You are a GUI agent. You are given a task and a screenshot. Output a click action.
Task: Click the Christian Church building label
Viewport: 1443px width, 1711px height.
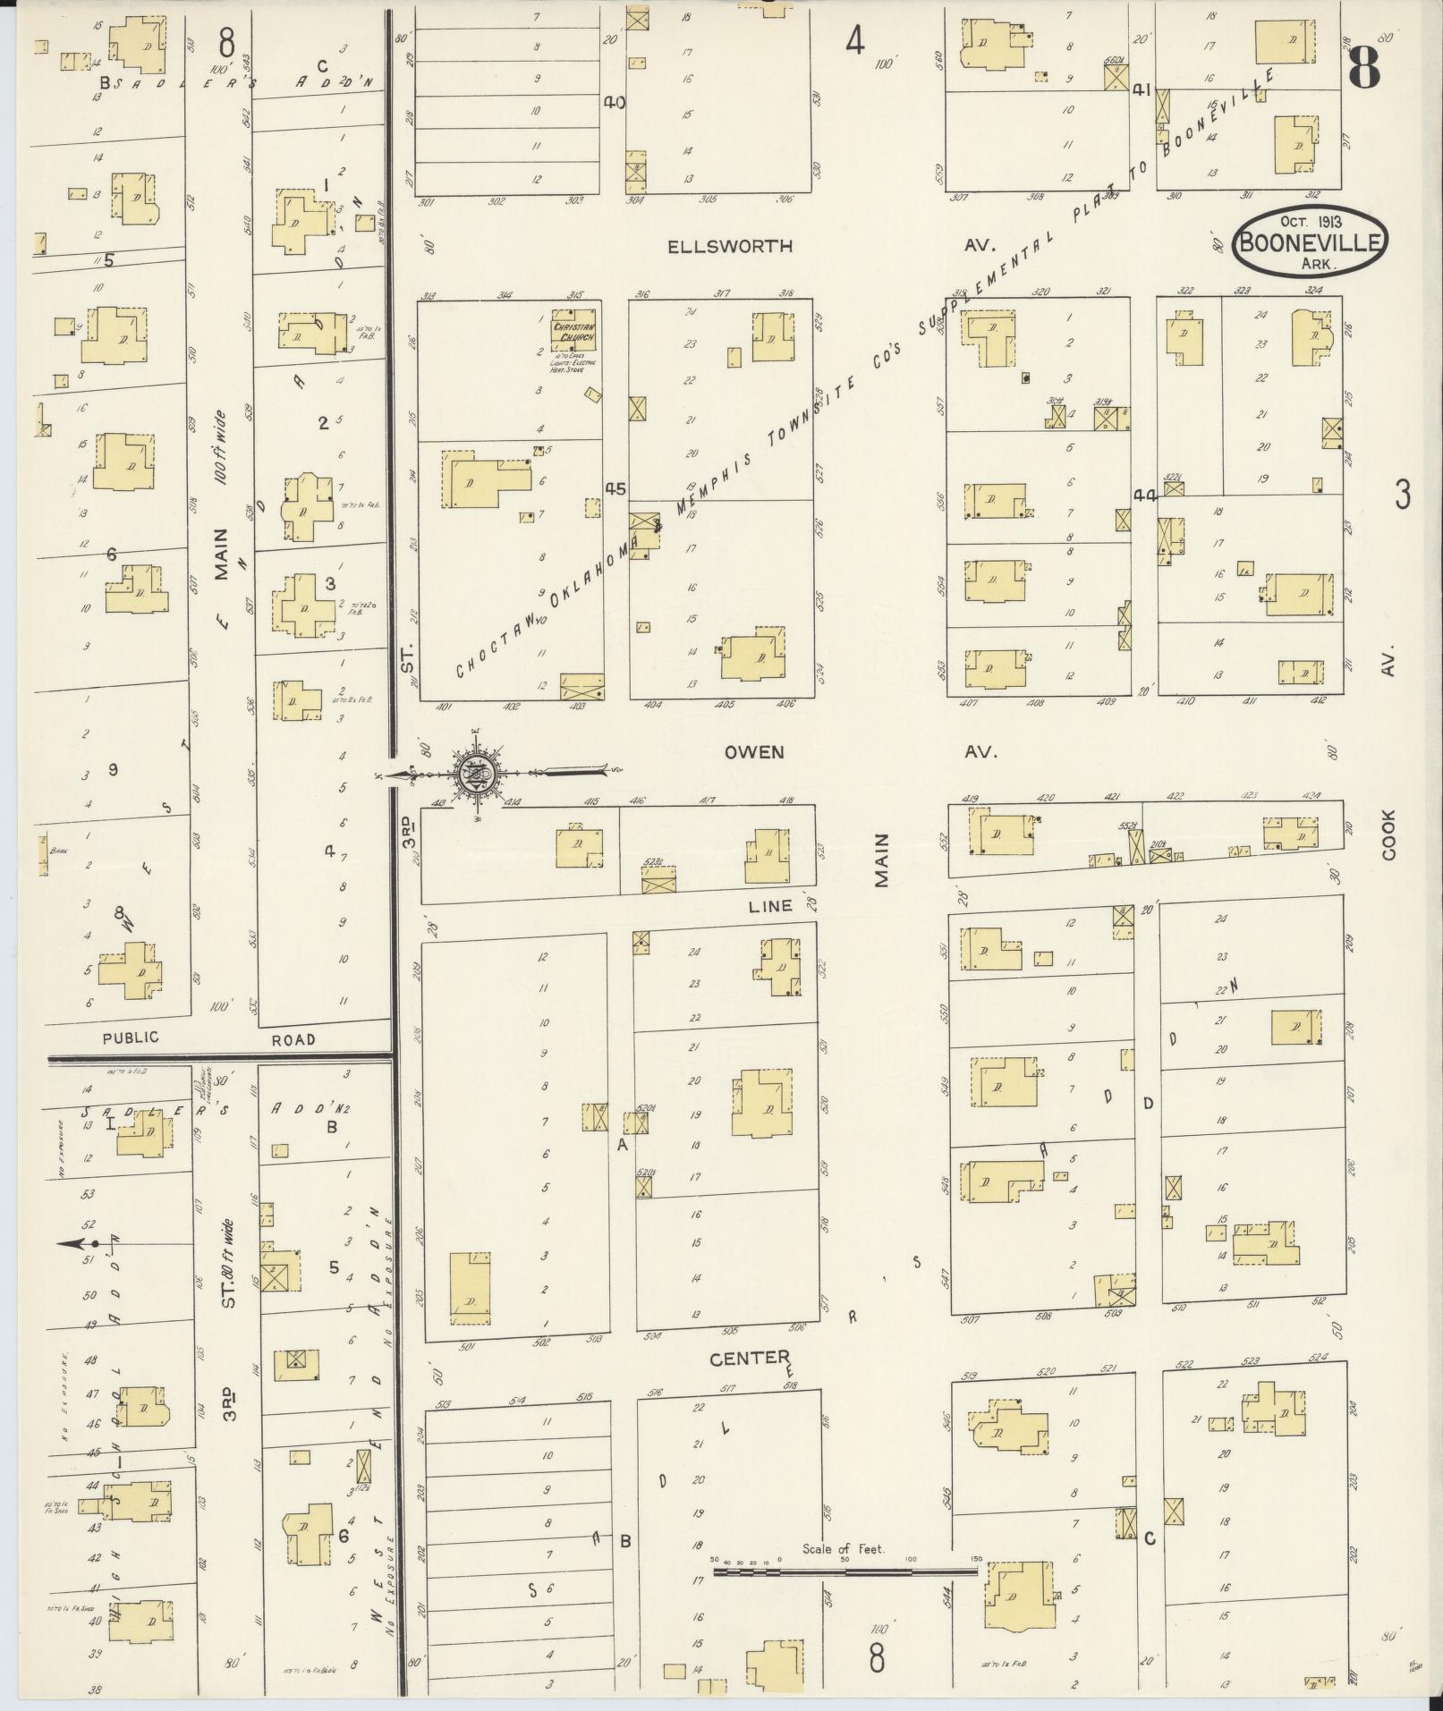point(573,332)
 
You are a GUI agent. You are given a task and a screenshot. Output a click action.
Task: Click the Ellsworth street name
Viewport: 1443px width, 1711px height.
point(730,246)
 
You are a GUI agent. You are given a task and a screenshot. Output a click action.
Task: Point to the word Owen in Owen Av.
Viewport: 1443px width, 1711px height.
point(753,752)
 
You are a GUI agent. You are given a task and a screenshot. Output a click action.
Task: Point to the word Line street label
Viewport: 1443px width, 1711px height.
point(769,905)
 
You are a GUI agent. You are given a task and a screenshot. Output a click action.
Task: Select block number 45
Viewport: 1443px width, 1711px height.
point(615,489)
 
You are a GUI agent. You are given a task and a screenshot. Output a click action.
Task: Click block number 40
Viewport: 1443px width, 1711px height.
point(614,102)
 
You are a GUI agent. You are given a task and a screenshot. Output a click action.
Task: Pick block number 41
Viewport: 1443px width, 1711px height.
point(1141,89)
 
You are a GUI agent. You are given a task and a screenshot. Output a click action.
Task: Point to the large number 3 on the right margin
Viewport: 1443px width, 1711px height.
point(1402,495)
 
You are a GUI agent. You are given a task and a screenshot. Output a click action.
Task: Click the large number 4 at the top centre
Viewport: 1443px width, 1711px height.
point(855,41)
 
